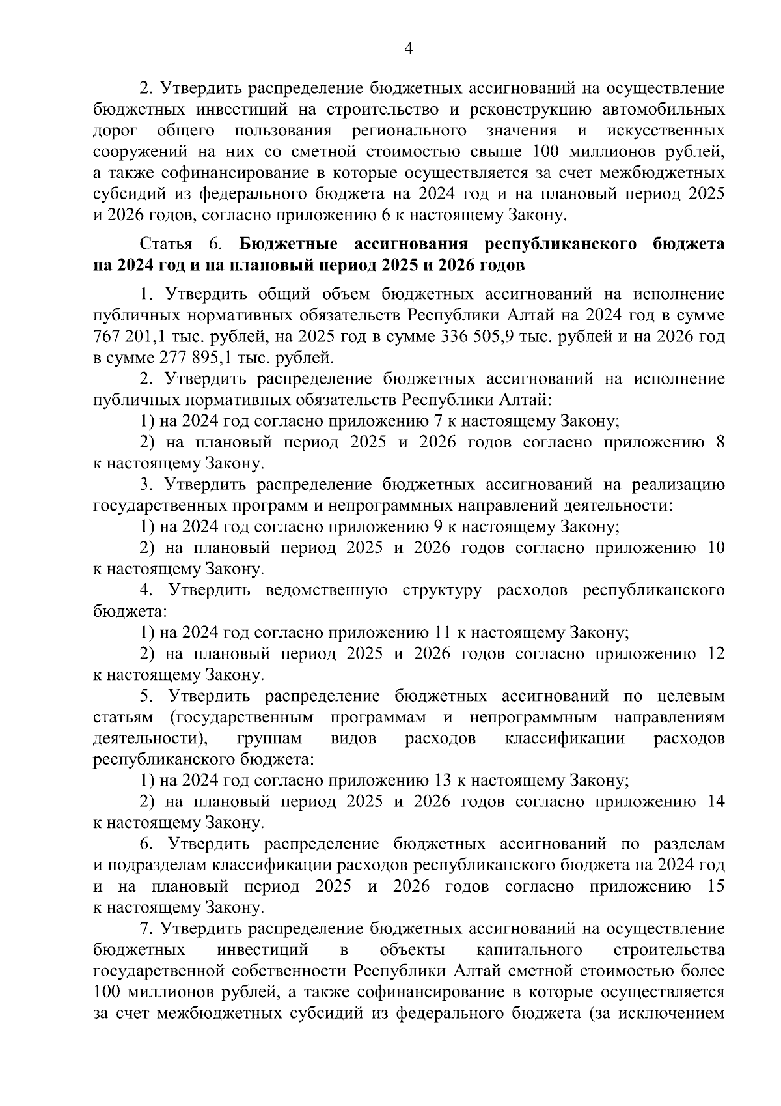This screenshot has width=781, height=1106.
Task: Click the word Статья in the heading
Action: pyautogui.click(x=166, y=245)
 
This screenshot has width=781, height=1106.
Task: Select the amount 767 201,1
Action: pyautogui.click(x=128, y=337)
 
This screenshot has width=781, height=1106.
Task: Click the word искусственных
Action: pyautogui.click(x=665, y=130)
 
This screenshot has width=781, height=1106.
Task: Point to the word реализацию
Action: pyautogui.click(x=678, y=485)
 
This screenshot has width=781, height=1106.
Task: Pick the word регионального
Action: pyautogui.click(x=409, y=130)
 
